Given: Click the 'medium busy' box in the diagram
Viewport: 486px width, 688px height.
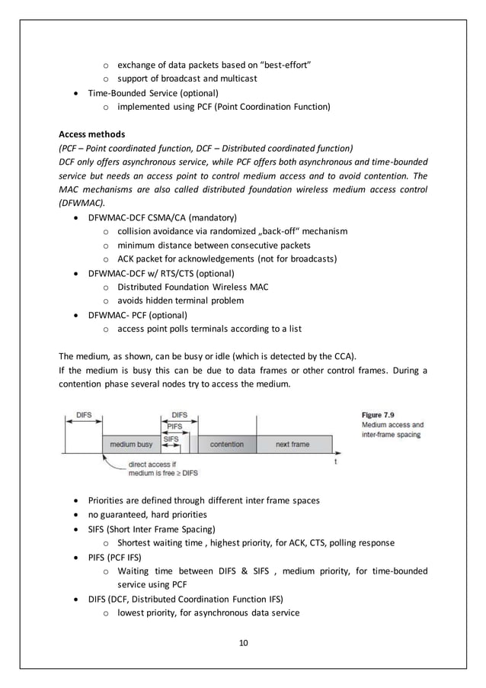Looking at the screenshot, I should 131,444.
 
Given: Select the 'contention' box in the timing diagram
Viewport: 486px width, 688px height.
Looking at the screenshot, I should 226,444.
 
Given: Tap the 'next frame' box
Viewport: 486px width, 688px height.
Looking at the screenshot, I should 292,444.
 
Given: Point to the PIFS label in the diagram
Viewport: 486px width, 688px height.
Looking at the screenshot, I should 175,426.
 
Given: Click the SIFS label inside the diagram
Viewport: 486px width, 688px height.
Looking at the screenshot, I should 172,439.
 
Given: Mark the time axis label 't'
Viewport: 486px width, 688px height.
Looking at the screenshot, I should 336,462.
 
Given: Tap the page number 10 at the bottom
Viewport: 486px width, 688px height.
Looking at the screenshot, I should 243,641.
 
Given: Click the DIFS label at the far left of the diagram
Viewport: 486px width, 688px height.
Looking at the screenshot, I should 84,415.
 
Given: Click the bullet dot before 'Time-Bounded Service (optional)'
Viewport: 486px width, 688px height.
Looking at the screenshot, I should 78,93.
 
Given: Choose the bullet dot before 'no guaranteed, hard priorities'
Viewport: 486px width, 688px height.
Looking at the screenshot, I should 78,515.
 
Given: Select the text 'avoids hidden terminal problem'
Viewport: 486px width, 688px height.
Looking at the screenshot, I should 181,301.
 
